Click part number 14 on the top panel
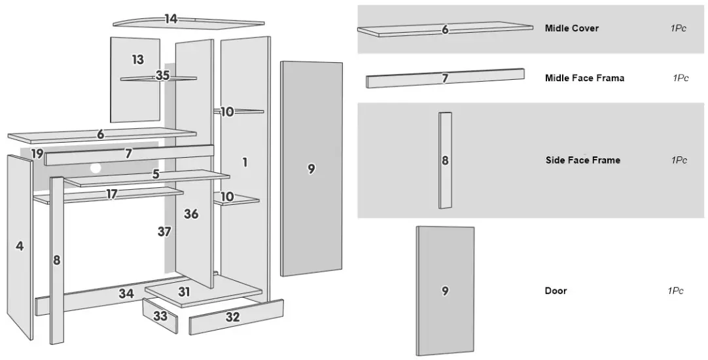pyautogui.click(x=171, y=19)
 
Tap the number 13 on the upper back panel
pyautogui.click(x=137, y=60)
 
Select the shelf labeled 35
pyautogui.click(x=162, y=76)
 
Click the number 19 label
pyautogui.click(x=37, y=154)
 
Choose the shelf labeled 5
pyautogui.click(x=156, y=175)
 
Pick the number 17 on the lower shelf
pyautogui.click(x=112, y=194)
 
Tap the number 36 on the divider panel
pyautogui.click(x=191, y=214)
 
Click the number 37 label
pyautogui.click(x=164, y=231)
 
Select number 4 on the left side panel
pyautogui.click(x=20, y=246)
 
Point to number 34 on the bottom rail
pyautogui.click(x=126, y=293)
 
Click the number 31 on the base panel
pyautogui.click(x=184, y=292)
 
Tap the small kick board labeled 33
pyautogui.click(x=160, y=316)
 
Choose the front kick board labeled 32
pyautogui.click(x=232, y=317)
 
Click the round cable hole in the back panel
pyautogui.click(x=96, y=168)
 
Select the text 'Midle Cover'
pyautogui.click(x=571, y=29)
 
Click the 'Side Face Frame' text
pyautogui.click(x=582, y=160)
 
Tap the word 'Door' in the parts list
pyautogui.click(x=556, y=291)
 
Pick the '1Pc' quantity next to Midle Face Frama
pyautogui.click(x=681, y=78)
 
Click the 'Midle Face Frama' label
pyautogui.click(x=584, y=78)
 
